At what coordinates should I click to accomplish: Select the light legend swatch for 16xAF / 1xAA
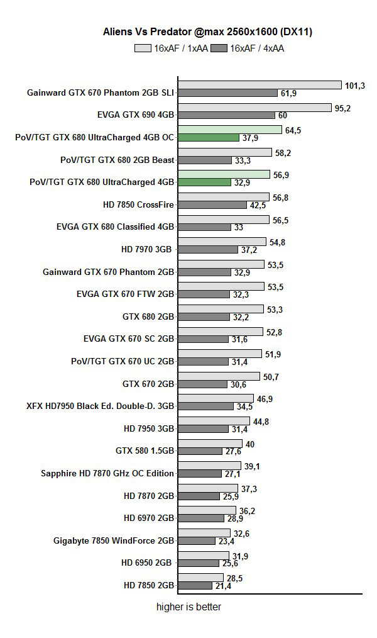point(143,48)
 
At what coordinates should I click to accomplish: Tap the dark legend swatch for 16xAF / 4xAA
point(219,48)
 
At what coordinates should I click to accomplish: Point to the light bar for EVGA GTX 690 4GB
point(254,108)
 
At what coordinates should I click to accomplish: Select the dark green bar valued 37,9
point(209,137)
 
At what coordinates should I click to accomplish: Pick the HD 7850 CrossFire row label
point(138,204)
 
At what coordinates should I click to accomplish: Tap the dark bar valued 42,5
point(212,204)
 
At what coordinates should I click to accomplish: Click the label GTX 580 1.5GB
point(145,451)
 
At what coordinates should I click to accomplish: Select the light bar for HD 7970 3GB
point(222,242)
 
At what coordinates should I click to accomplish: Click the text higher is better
point(188,607)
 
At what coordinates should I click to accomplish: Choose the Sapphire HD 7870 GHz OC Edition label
point(107,473)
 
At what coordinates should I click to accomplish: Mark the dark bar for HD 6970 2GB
point(201,518)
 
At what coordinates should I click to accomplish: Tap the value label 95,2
point(342,108)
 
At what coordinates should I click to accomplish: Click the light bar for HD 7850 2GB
point(200,578)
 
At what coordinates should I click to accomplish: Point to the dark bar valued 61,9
point(228,92)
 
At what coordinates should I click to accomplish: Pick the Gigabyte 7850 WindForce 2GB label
point(114,540)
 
